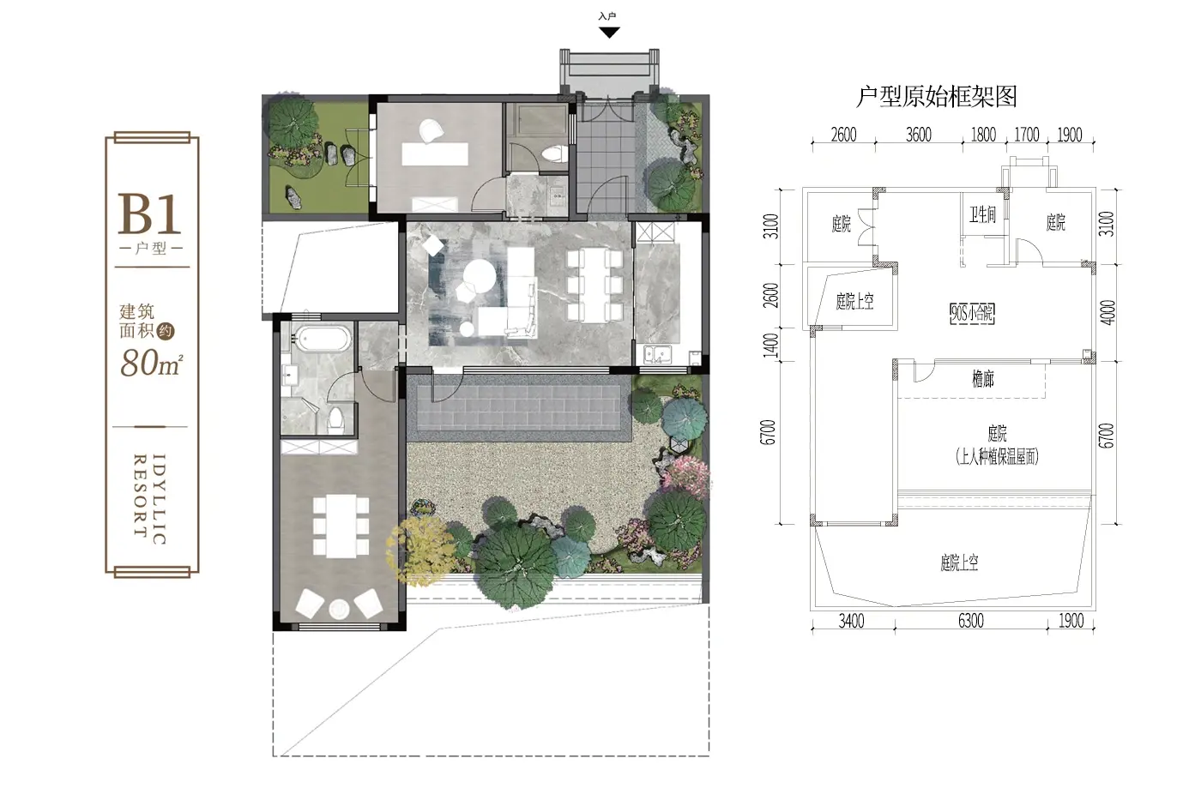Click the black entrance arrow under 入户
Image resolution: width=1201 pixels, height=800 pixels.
[609, 33]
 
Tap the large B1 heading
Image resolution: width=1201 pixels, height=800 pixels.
[149, 214]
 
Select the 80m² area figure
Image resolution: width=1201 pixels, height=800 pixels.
[152, 363]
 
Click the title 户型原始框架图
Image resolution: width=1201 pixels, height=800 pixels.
[936, 97]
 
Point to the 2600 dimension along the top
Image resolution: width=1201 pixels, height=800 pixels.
[844, 135]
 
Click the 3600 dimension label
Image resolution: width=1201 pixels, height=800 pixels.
[919, 135]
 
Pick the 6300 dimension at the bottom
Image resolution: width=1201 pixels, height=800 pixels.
[971, 621]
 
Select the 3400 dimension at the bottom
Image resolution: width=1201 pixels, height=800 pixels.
[851, 621]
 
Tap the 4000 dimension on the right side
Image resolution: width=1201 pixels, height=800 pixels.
[1107, 312]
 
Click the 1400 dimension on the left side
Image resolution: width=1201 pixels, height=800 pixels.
[770, 345]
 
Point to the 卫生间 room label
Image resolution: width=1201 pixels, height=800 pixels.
[982, 215]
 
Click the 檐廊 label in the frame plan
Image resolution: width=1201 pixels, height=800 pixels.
[983, 379]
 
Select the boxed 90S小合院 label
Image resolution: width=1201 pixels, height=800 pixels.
[972, 314]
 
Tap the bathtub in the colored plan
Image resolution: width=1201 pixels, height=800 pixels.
[324, 340]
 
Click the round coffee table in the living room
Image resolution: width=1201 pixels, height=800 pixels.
[480, 275]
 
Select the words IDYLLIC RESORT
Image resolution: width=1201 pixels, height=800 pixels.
[149, 499]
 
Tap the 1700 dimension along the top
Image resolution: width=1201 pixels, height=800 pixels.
[1027, 135]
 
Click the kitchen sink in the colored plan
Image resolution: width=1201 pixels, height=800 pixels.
[658, 355]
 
